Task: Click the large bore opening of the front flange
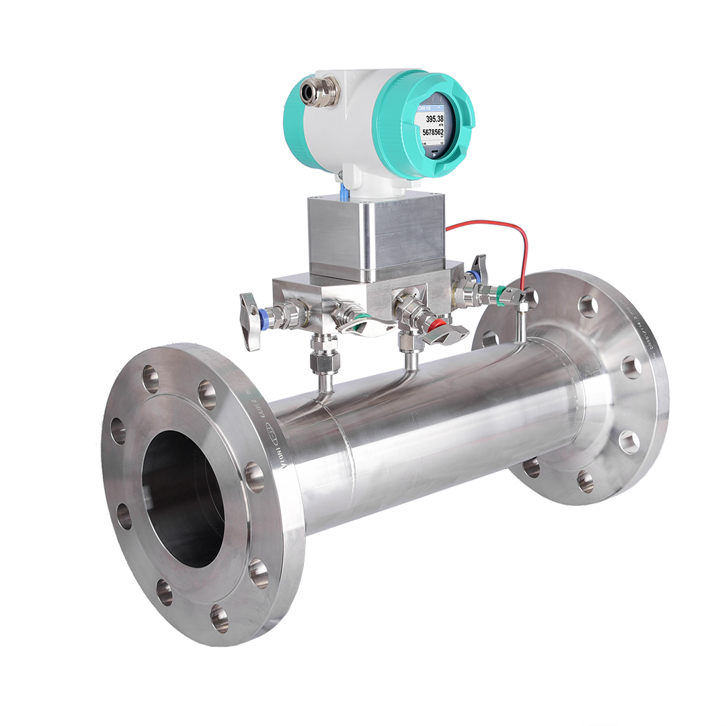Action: tap(183, 497)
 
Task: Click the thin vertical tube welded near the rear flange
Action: tap(520, 323)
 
